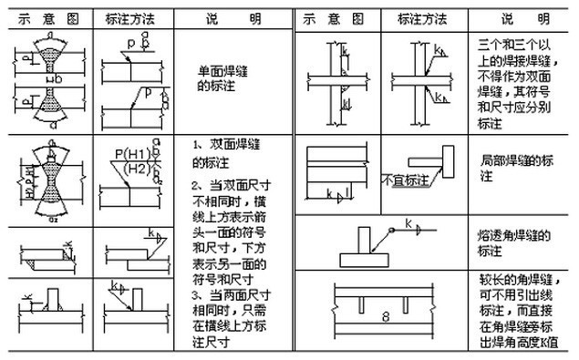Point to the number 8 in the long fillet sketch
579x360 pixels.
(x=386, y=316)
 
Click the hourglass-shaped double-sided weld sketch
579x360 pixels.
(x=47, y=174)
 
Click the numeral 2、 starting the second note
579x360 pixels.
(x=198, y=188)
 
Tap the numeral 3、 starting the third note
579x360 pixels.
(x=198, y=297)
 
